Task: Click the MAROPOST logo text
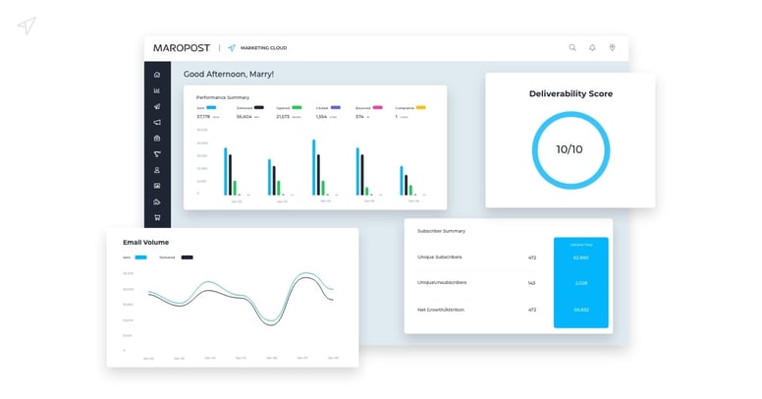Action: click(183, 47)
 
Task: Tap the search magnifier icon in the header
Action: click(572, 47)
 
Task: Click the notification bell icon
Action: click(592, 47)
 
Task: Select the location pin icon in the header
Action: click(612, 47)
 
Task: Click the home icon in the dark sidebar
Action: click(157, 75)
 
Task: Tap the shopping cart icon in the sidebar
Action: click(157, 217)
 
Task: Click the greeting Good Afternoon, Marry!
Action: click(229, 74)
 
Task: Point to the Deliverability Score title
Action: click(571, 94)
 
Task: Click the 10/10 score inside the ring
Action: click(570, 149)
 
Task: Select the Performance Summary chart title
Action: click(223, 97)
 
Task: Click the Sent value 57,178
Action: click(204, 116)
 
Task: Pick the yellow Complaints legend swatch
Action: click(420, 107)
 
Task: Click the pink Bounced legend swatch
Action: click(378, 107)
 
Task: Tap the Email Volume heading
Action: click(145, 242)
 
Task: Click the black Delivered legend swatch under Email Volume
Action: click(187, 257)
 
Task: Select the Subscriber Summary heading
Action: click(441, 231)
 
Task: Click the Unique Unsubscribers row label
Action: click(442, 283)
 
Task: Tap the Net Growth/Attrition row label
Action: click(441, 310)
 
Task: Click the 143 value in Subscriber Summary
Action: click(531, 283)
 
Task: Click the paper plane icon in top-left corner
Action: click(27, 26)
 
